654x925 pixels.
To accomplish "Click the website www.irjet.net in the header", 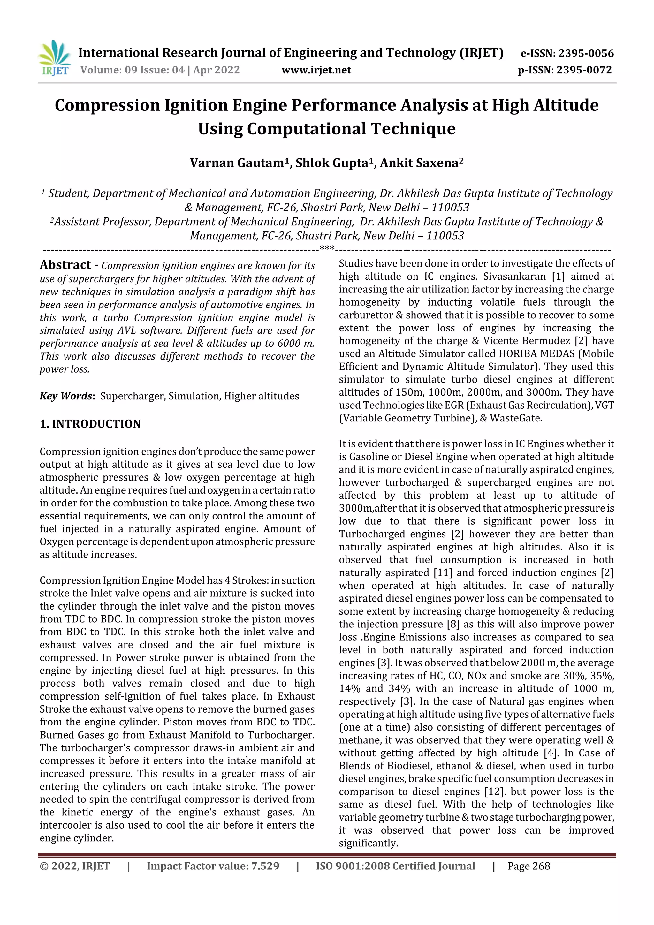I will [316, 70].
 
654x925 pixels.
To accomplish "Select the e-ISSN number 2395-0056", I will [586, 53].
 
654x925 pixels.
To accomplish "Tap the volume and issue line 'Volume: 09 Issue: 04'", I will [132, 70].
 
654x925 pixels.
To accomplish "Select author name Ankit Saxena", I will [419, 163].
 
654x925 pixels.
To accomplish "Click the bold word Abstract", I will [65, 265].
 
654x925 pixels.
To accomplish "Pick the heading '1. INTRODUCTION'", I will [90, 424].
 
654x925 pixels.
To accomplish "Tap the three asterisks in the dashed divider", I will [327, 249].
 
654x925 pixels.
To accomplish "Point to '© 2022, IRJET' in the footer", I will [74, 866].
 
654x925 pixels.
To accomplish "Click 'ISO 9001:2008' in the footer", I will [352, 866].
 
